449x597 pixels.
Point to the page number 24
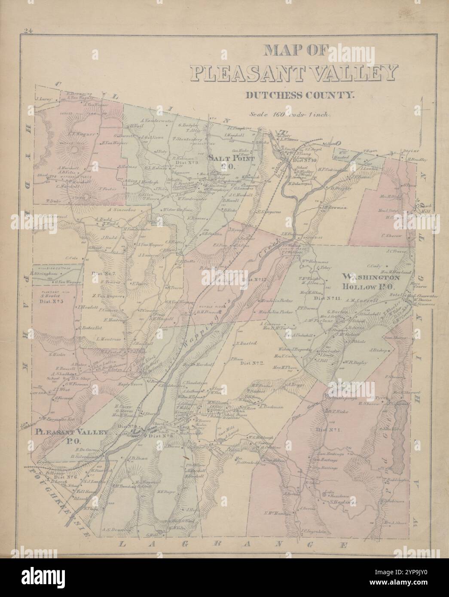pos(29,30)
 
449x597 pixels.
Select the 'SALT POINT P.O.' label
pos(226,161)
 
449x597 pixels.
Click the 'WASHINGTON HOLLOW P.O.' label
pos(371,281)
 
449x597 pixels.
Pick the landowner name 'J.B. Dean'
pos(137,458)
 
